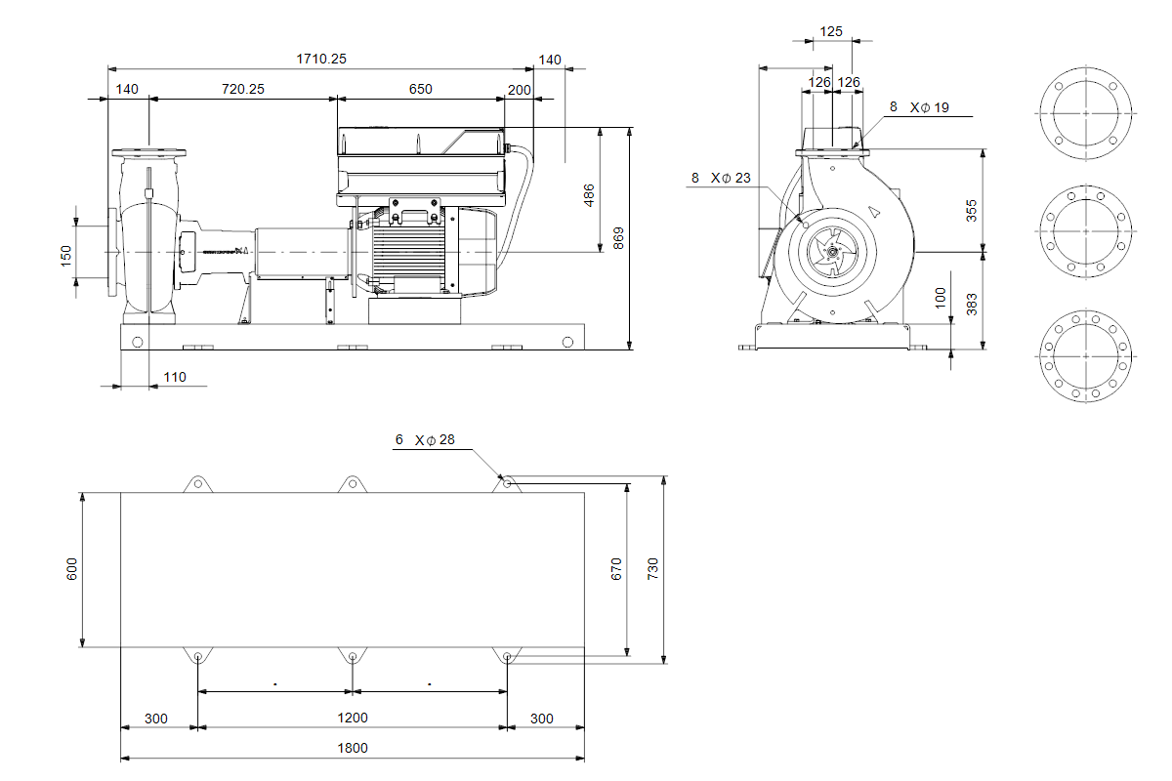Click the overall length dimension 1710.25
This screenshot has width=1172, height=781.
pos(321,59)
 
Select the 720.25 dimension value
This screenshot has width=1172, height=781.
pos(243,89)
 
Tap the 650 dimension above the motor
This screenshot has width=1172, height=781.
pos(420,89)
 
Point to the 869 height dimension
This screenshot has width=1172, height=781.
pos(618,238)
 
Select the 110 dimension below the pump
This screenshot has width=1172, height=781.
pos(175,377)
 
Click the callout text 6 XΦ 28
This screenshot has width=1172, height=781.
pos(425,440)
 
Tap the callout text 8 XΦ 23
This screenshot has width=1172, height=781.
pos(721,178)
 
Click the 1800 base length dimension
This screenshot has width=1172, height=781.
pos(353,748)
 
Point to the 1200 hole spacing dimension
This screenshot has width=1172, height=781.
pos(353,718)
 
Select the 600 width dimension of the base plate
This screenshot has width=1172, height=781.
pos(71,570)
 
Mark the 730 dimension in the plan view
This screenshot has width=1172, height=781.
pos(653,568)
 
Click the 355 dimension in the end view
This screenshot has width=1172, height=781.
pos(972,210)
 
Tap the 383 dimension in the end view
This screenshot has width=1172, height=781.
pos(972,304)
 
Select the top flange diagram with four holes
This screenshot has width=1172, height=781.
pos(1085,113)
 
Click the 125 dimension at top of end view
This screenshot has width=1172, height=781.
pos(831,31)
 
